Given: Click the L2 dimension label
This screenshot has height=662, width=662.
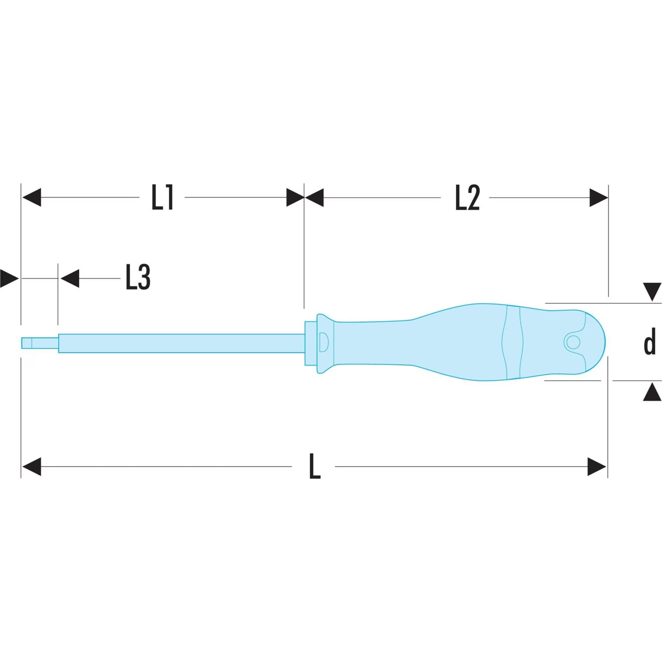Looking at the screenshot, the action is [x=467, y=198].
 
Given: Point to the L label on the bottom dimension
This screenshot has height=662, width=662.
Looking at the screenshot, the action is [x=314, y=466].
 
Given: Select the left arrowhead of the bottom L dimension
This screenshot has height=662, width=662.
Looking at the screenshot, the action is [x=32, y=466].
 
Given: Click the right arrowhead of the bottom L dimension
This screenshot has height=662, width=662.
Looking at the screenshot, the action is [x=597, y=466].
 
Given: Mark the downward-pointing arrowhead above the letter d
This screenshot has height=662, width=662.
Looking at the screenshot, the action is [x=652, y=292].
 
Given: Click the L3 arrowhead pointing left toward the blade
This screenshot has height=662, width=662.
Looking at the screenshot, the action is [x=70, y=278].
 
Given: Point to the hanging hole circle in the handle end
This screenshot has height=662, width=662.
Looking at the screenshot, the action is [x=572, y=342].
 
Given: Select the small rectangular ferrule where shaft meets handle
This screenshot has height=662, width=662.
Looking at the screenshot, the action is [x=311, y=343].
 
